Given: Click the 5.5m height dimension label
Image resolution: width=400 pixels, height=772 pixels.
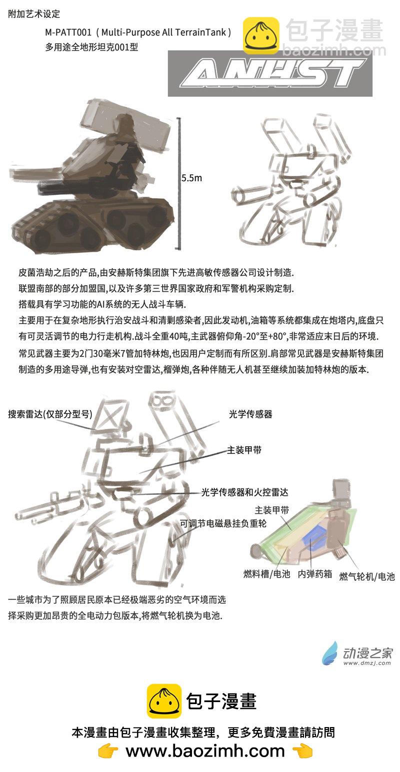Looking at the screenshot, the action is click(x=191, y=178).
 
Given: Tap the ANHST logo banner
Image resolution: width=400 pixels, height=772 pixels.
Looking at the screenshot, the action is click(x=270, y=73).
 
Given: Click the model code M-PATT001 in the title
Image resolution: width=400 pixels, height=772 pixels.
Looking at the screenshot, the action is click(x=68, y=32).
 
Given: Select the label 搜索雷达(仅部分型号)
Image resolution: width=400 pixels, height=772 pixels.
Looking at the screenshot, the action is click(x=50, y=414).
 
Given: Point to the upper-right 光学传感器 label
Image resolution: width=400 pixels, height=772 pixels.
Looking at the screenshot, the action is click(x=250, y=414).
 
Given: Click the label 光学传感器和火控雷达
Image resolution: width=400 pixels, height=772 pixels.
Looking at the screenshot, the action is click(x=244, y=492).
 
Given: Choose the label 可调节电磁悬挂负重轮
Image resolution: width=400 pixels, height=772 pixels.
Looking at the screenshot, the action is click(x=223, y=523).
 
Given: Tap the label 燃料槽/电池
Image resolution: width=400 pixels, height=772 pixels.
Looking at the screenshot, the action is click(x=267, y=574).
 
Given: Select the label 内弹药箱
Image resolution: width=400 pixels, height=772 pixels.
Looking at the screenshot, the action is click(x=315, y=574).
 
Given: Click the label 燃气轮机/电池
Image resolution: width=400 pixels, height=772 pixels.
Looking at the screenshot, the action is click(x=367, y=576).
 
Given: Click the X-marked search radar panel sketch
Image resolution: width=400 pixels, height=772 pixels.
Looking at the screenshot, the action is click(x=111, y=415).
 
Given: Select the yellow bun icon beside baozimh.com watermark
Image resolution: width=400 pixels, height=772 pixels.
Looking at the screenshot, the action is click(x=261, y=35).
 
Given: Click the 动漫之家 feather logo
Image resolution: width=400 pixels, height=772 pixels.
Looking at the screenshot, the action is click(x=329, y=653).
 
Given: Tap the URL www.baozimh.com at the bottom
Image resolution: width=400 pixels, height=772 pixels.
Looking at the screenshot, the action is click(x=205, y=751).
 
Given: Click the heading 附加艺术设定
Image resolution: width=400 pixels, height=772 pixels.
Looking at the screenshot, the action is click(x=34, y=14).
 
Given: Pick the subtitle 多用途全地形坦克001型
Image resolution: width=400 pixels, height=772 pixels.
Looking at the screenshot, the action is click(x=91, y=47).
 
